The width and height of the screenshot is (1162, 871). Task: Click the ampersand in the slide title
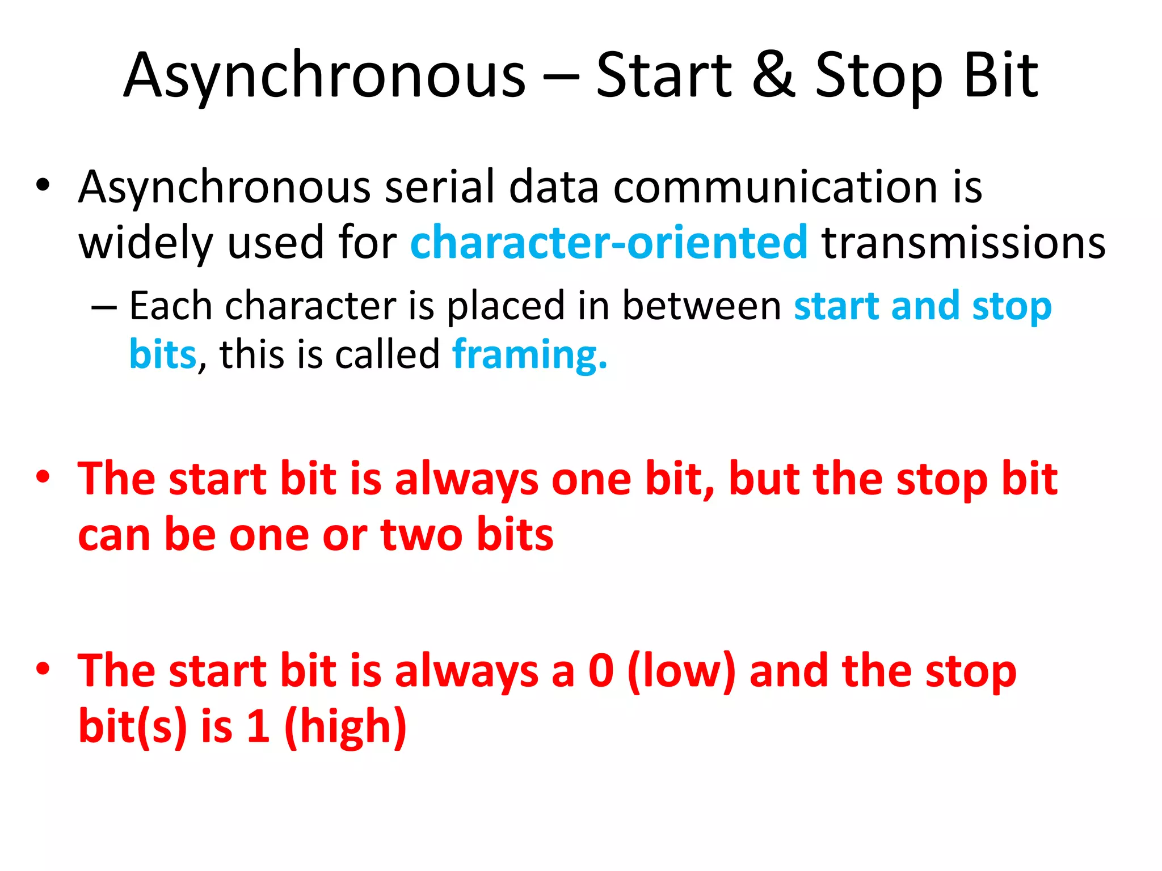[x=774, y=75]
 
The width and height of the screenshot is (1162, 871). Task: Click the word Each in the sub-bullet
[x=170, y=306]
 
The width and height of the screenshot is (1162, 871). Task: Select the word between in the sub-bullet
[x=702, y=306]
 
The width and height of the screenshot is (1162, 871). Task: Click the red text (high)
[x=345, y=727]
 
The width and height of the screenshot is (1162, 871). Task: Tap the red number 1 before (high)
[x=258, y=727]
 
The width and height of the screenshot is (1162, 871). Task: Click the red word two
[x=421, y=535]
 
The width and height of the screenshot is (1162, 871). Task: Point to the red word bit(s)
[x=132, y=727]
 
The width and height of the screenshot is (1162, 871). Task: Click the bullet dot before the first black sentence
[x=43, y=185]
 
